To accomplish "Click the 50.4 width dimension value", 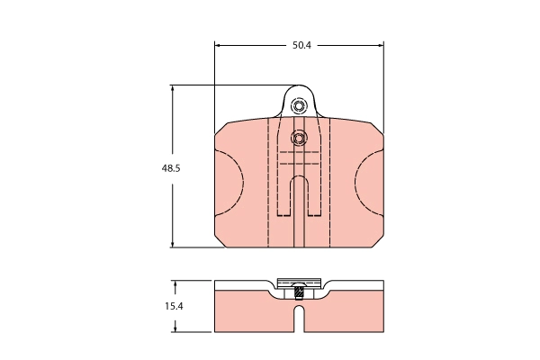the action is point(301,45).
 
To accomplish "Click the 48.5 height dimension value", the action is point(171,168).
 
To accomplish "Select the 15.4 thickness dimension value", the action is point(174,306).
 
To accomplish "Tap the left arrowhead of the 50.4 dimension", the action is point(217,45).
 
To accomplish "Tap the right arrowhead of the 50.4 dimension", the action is point(381,45).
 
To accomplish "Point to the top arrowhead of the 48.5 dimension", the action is point(173,88).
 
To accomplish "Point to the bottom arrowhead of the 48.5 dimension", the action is point(173,244).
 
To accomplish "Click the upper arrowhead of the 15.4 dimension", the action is point(175,283).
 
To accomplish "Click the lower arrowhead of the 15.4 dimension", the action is point(175,329).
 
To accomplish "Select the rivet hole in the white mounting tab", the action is point(298,106).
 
